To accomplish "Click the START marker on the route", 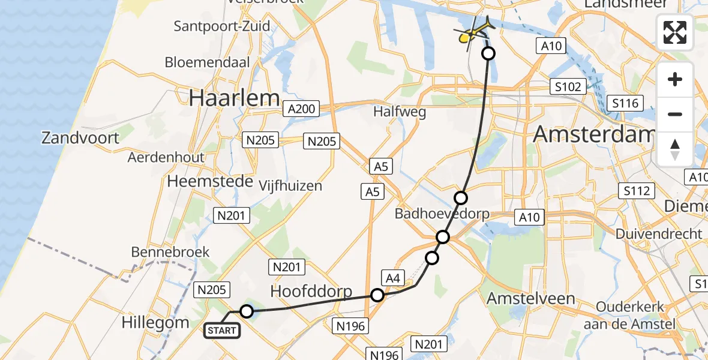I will (x=222, y=330).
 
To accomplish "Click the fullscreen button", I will (x=675, y=32).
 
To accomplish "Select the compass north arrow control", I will (x=675, y=149).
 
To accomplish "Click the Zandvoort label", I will (x=80, y=138).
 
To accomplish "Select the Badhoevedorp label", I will (x=442, y=214).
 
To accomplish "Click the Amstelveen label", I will (x=530, y=298).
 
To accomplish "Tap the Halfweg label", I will (x=400, y=112).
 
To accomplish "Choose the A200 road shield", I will (x=300, y=109).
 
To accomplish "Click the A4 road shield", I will (x=392, y=278).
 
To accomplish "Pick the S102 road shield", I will (x=568, y=87).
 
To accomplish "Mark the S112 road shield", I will (x=636, y=191).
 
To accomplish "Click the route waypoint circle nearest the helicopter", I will (x=488, y=53).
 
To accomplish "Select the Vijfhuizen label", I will (x=290, y=186).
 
